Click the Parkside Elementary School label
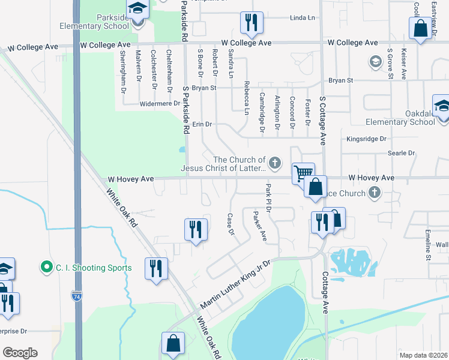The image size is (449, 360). coord(94,22)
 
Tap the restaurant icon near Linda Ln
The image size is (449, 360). coord(251,23)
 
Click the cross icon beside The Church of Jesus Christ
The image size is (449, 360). coord(275,162)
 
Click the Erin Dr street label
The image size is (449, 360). coord(202,124)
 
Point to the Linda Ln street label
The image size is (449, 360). coord(302,18)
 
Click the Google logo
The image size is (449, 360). coord(20,353)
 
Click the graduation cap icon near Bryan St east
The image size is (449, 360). coord(376,61)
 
